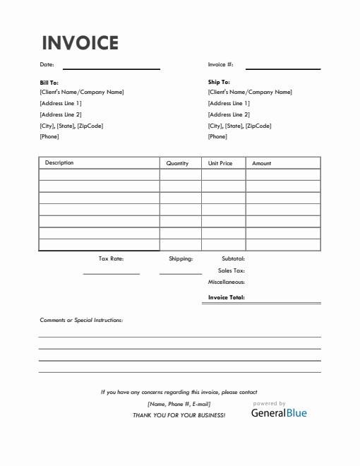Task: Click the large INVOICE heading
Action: [80, 43]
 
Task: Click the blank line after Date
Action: [112, 68]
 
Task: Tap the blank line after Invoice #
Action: [282, 68]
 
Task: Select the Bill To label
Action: [49, 83]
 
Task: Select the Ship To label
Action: [219, 83]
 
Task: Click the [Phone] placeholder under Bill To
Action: [49, 136]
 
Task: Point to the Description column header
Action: [59, 163]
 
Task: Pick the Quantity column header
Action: [177, 163]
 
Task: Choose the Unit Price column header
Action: [220, 163]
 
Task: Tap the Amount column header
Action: [261, 163]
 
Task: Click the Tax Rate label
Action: [111, 259]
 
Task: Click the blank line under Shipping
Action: [181, 273]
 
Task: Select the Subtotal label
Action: [233, 259]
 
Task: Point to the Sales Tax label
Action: [232, 270]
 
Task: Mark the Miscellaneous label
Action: [226, 282]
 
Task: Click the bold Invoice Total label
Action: [226, 297]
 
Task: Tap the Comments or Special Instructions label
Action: [81, 320]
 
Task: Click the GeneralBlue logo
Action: [279, 412]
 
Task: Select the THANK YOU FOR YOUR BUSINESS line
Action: [179, 415]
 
